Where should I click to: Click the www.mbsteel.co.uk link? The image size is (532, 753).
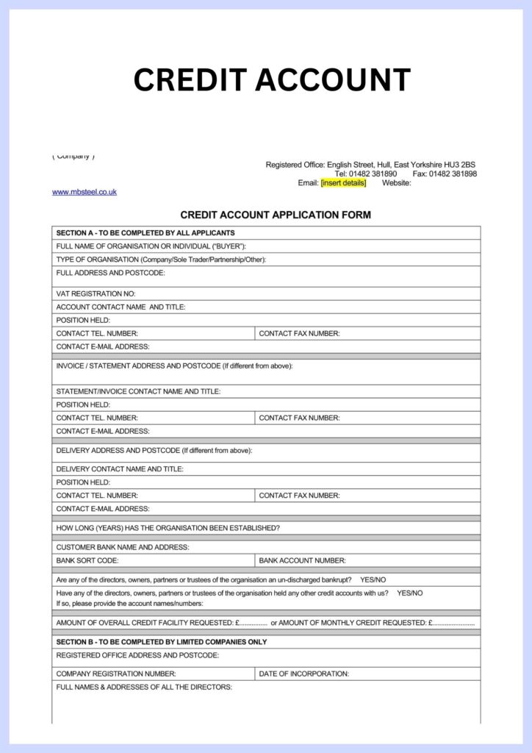pyautogui.click(x=84, y=192)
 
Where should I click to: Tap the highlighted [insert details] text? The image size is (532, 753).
pyautogui.click(x=343, y=183)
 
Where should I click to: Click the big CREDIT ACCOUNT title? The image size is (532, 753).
pyautogui.click(x=272, y=79)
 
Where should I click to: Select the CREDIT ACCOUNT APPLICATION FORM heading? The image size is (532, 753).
pyautogui.click(x=276, y=215)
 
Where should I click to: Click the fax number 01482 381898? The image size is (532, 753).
pyautogui.click(x=453, y=174)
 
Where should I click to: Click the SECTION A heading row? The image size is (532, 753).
pyautogui.click(x=267, y=233)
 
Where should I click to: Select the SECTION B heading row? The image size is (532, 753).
pyautogui.click(x=267, y=642)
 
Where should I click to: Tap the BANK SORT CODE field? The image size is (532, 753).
pyautogui.click(x=154, y=560)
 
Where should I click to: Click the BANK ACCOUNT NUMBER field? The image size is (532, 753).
pyautogui.click(x=368, y=560)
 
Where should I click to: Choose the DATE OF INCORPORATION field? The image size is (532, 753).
pyautogui.click(x=368, y=674)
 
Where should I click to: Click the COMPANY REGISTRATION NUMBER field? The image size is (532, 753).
pyautogui.click(x=154, y=674)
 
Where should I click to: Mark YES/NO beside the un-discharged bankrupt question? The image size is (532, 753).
pyautogui.click(x=373, y=579)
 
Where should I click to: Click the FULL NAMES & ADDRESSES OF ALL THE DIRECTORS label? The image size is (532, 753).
pyautogui.click(x=144, y=687)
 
